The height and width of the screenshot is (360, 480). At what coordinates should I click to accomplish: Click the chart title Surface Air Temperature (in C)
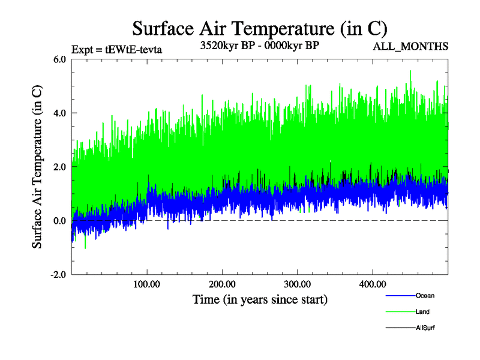[x=259, y=28]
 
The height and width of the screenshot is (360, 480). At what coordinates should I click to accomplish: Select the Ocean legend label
[x=425, y=295]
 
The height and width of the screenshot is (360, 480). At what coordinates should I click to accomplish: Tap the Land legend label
[x=422, y=311]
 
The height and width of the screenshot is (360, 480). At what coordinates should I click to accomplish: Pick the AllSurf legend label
[x=425, y=328]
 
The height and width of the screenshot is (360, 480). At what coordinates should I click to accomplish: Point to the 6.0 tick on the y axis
[x=59, y=59]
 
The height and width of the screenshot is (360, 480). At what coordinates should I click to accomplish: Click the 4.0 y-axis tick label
[x=59, y=113]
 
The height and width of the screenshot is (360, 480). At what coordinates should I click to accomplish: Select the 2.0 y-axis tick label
[x=59, y=167]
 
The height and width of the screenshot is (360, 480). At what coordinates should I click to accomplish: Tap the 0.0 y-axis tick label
[x=59, y=221]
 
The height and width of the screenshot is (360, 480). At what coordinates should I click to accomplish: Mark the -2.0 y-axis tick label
[x=58, y=275]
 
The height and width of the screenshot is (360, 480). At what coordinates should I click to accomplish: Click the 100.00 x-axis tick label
[x=147, y=283]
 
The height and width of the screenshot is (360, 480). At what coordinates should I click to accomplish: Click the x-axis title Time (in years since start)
[x=260, y=298]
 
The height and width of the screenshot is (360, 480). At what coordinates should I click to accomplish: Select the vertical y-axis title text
[x=37, y=167]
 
